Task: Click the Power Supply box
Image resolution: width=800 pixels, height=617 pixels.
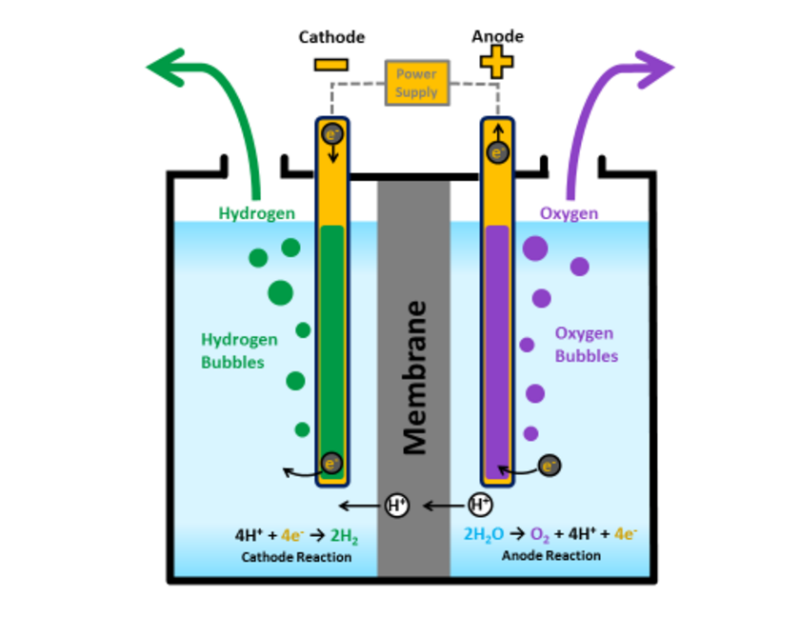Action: click(416, 84)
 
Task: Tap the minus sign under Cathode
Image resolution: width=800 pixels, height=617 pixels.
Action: click(330, 65)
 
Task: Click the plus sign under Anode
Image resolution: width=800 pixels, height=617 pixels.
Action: click(496, 63)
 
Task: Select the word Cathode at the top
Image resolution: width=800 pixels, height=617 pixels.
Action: click(331, 37)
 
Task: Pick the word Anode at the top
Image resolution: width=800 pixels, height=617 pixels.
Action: click(497, 37)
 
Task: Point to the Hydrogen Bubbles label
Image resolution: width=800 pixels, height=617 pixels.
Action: click(239, 350)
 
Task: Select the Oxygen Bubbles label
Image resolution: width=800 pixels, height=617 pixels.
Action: click(586, 345)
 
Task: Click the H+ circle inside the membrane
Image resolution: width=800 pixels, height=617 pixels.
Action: click(396, 506)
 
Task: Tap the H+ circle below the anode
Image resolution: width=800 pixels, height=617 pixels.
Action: click(481, 504)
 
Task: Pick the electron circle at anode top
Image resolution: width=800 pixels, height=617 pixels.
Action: click(497, 150)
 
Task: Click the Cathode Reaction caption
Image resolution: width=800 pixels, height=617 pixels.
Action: click(296, 557)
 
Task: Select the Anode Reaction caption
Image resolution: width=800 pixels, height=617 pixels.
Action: click(551, 555)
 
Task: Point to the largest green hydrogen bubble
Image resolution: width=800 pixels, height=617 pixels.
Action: click(280, 292)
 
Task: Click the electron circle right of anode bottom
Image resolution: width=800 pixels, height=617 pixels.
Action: click(549, 465)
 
